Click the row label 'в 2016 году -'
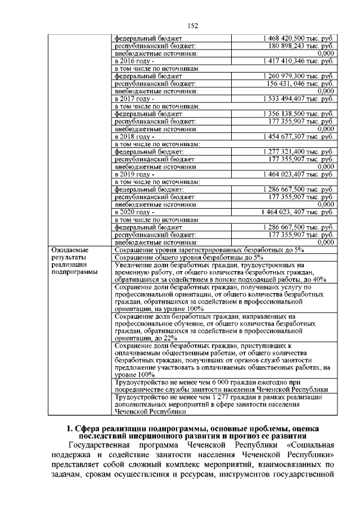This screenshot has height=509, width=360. coord(134,60)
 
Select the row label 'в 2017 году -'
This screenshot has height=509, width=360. coord(134,98)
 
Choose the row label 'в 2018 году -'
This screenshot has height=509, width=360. coord(134,137)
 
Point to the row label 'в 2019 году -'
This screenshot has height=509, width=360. coord(134,174)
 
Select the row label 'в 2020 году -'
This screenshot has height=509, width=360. coord(134,213)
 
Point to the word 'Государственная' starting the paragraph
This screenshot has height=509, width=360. coord(96,445)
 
